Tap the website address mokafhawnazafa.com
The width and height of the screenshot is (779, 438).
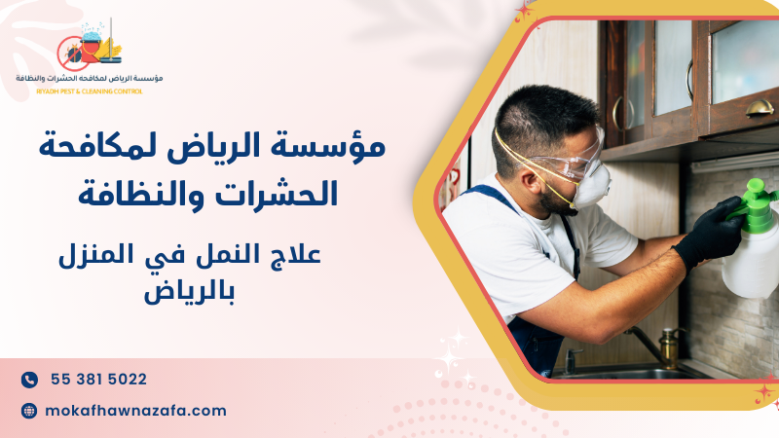(x=136, y=411)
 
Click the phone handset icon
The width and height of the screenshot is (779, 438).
(x=29, y=380)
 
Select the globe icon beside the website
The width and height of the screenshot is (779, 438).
(x=29, y=411)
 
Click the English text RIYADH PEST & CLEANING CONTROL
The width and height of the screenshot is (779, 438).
(x=89, y=91)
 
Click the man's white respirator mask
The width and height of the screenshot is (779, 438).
(x=589, y=184)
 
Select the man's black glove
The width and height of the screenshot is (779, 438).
(x=708, y=233)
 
